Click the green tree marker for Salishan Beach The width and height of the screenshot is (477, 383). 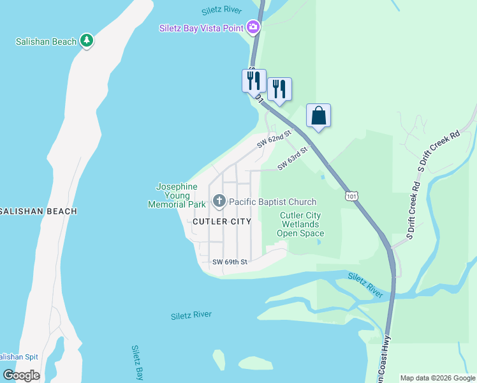point(87,41)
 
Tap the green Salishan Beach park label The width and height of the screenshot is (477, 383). point(46,41)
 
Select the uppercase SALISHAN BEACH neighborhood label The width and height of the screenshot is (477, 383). point(38,211)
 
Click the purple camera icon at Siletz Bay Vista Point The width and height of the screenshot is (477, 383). point(253,27)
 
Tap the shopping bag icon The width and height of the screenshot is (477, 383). point(318,116)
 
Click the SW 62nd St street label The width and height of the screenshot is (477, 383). point(274,140)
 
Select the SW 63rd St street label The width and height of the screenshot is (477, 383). point(293,158)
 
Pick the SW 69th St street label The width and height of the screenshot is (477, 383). point(230,262)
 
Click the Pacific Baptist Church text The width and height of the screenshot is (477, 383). point(272,202)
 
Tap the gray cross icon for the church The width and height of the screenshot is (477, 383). point(219,202)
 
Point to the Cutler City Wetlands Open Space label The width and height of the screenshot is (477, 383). point(300,225)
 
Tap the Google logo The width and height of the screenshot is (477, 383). point(21,375)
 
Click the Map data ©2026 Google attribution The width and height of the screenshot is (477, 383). point(438,378)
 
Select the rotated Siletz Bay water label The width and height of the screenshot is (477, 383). point(136,363)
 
